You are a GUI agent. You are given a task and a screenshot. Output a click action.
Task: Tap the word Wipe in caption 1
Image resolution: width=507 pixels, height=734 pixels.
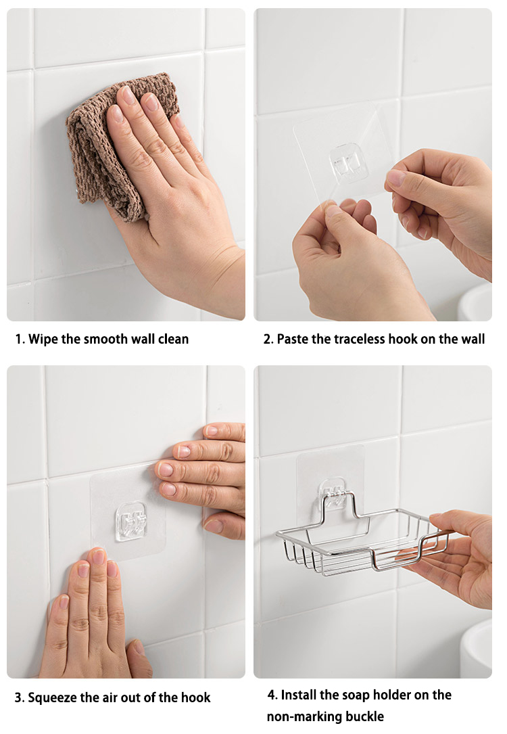point(43,339)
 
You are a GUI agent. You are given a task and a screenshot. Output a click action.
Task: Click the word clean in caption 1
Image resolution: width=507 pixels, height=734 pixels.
point(172,339)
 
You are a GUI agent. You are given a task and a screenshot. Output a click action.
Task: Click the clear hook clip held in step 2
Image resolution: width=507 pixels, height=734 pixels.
point(349,163)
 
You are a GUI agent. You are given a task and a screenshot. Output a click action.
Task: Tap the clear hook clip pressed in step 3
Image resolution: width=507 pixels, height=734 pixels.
point(131,521)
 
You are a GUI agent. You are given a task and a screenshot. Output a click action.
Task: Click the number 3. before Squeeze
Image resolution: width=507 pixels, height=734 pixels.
point(20,697)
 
